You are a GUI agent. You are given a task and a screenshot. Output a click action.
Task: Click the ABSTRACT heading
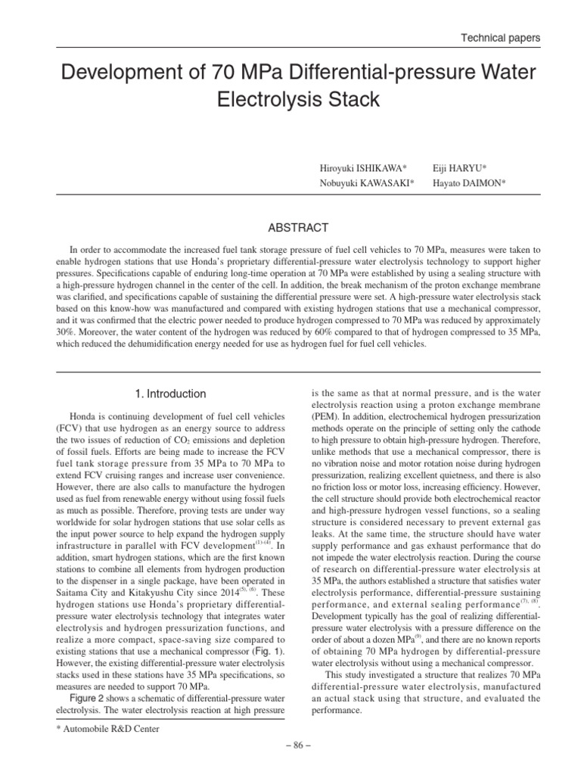(290, 227)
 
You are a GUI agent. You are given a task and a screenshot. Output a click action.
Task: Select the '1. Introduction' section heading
(170, 394)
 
